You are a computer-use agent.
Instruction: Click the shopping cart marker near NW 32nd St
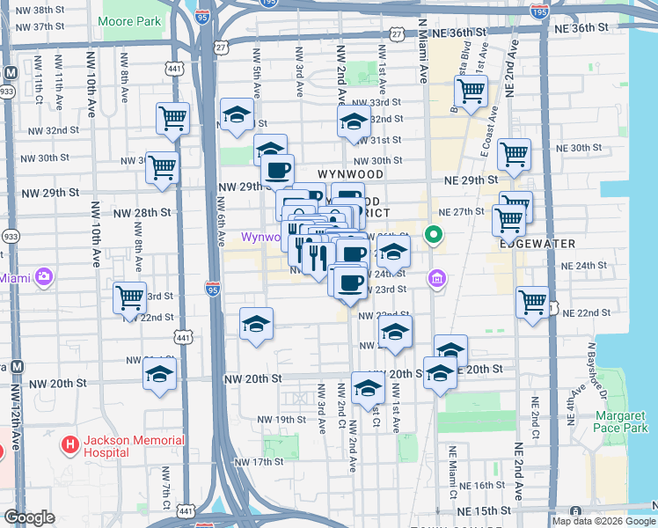coord(172,118)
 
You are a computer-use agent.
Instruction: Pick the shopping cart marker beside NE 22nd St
coord(532,303)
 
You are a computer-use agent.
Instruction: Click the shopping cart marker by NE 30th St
coord(514,155)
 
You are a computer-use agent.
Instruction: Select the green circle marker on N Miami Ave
coord(433,235)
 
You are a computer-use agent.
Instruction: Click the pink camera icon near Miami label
coord(44,278)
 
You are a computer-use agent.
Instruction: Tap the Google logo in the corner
coord(29,517)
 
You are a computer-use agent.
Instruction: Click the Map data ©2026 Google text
coord(603,521)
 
